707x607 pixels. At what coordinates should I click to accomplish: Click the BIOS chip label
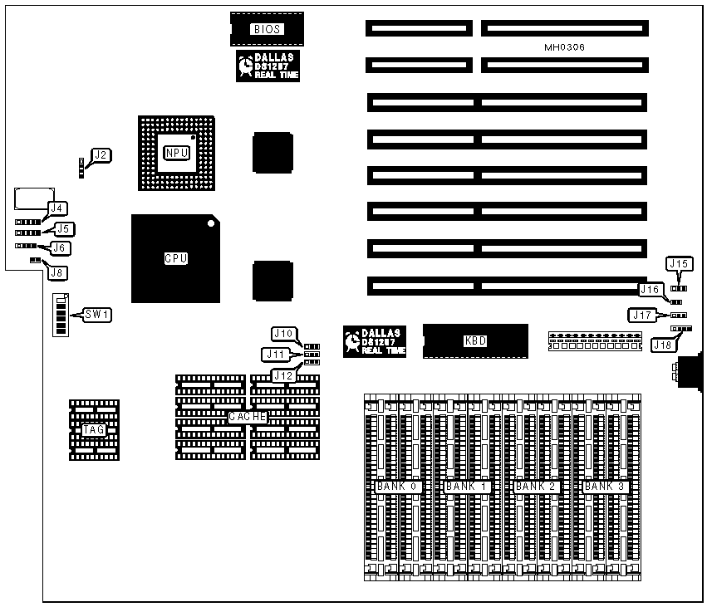tap(268, 29)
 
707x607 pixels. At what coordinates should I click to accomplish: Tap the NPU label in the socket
tap(177, 153)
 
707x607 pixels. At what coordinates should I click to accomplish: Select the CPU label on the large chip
tap(175, 258)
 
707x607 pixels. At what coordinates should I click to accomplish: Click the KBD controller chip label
tap(475, 340)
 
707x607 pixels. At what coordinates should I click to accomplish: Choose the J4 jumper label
tap(57, 208)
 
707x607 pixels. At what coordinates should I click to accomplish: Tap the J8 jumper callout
tap(56, 272)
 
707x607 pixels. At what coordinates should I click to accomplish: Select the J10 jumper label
tap(282, 333)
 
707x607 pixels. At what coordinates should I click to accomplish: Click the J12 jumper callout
tap(282, 375)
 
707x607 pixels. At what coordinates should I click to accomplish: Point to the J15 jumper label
tap(679, 264)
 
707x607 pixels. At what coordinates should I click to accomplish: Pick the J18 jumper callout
tap(662, 344)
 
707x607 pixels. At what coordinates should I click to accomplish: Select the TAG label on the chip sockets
tap(93, 430)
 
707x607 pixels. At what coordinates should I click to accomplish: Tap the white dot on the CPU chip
tap(212, 223)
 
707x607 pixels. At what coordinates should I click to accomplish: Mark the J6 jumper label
tap(61, 247)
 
